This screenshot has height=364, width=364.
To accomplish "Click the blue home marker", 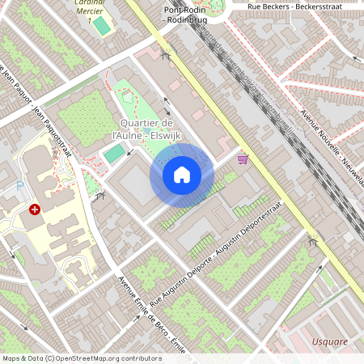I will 182,174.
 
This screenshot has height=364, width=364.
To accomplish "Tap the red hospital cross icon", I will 35,210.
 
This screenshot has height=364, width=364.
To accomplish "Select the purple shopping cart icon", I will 243,159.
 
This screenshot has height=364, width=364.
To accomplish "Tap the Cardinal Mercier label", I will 95,6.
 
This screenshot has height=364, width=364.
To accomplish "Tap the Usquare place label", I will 330,341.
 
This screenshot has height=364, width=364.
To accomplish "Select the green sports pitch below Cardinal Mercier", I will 101,26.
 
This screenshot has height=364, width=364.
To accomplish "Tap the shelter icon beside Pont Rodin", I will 166,56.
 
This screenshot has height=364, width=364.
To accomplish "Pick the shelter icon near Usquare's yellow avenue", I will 313,241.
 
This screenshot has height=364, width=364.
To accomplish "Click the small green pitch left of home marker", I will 116,151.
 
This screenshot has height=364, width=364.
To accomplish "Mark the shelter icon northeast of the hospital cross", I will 99,196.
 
